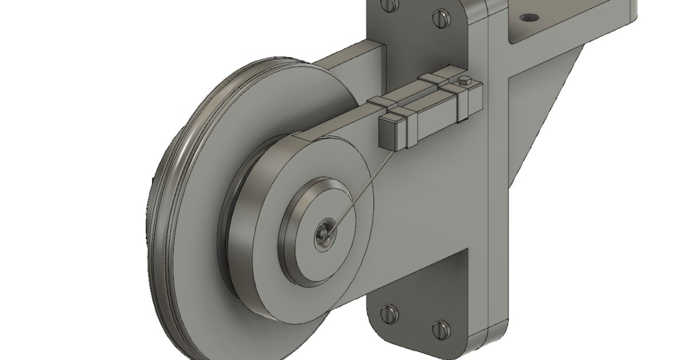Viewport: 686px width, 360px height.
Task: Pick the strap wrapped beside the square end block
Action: tap(407, 129)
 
